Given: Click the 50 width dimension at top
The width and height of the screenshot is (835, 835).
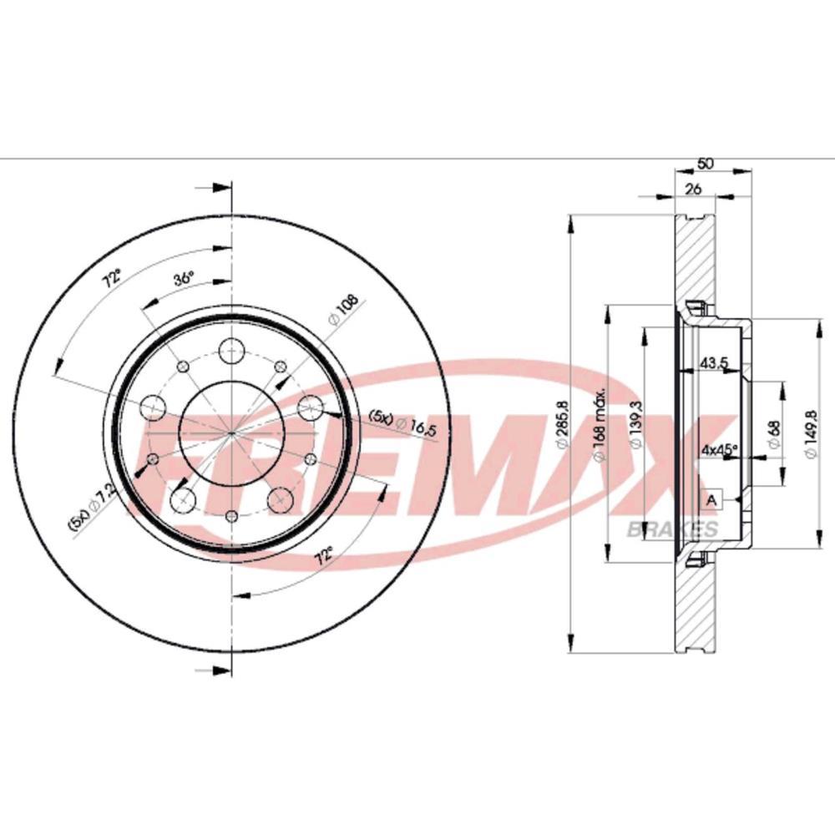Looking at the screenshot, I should click(x=706, y=165).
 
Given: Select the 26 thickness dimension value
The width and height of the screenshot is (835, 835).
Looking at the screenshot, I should click(x=692, y=190).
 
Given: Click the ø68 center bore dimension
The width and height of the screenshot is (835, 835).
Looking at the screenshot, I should click(x=773, y=434).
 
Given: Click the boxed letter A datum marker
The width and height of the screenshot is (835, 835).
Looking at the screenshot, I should click(x=711, y=499).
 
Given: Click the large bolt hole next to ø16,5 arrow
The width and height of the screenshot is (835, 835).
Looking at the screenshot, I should click(x=310, y=407).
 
